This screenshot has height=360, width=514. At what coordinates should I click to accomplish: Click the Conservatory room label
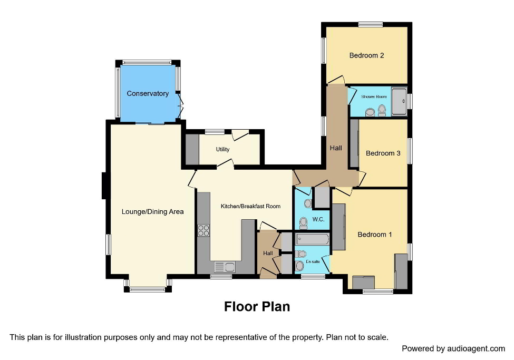[x=148, y=94]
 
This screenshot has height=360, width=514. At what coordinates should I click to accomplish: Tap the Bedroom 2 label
[x=366, y=55]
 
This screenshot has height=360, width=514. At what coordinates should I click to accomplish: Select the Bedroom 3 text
[x=383, y=153]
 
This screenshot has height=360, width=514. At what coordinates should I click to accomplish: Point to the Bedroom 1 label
[x=374, y=235]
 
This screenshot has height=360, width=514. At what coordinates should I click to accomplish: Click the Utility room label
[x=222, y=149]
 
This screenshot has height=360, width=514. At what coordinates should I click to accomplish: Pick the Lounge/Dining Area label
[x=152, y=212]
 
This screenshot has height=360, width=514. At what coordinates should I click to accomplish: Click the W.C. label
[x=318, y=219]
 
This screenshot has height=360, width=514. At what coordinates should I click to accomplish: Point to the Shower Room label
[x=374, y=96]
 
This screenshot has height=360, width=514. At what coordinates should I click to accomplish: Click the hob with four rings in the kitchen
[x=203, y=230]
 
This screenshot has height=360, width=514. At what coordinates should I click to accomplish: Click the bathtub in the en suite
[x=312, y=240]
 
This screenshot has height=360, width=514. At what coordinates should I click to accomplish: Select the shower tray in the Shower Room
[x=399, y=101]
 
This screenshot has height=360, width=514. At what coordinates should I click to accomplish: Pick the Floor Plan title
[x=257, y=306]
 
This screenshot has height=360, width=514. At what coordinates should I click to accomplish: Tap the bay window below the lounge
[x=148, y=288]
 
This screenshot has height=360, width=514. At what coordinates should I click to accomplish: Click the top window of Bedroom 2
[x=371, y=24]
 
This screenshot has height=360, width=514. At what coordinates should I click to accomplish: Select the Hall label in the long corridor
[x=336, y=148]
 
